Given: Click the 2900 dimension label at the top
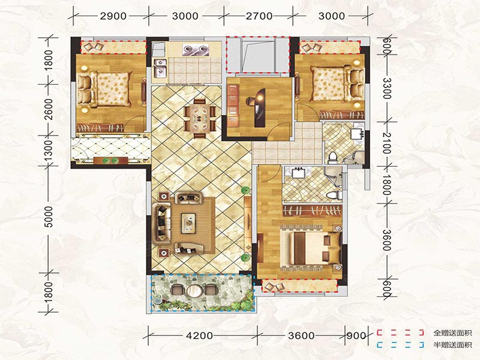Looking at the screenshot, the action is (x=113, y=16).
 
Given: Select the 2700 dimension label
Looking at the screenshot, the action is (x=259, y=16).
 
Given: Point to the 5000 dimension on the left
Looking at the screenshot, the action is (x=49, y=217).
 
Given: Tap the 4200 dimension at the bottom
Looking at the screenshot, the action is (x=199, y=335).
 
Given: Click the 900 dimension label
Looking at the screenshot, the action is (x=356, y=335).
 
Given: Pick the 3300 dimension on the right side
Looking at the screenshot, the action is (x=387, y=88).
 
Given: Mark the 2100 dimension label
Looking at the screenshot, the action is (x=387, y=143).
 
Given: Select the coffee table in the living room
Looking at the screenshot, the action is (x=188, y=222).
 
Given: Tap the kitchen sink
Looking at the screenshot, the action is (x=160, y=69).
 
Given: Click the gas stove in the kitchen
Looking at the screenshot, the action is (x=196, y=49).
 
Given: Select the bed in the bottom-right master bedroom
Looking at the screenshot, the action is (x=311, y=248).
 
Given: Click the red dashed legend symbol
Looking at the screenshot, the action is (x=400, y=333).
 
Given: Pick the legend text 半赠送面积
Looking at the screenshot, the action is (x=452, y=346).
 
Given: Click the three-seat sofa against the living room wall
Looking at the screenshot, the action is (x=162, y=222).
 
